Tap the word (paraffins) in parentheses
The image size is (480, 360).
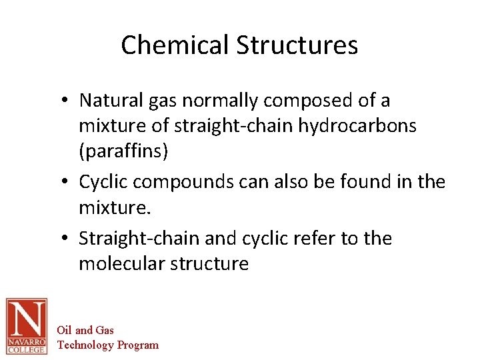click(x=123, y=151)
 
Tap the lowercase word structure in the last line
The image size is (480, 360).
click(x=209, y=263)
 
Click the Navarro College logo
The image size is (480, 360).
click(x=27, y=325)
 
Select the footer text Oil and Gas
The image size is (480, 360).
click(x=85, y=330)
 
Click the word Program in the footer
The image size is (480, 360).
click(x=138, y=345)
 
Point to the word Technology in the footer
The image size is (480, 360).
click(x=86, y=345)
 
